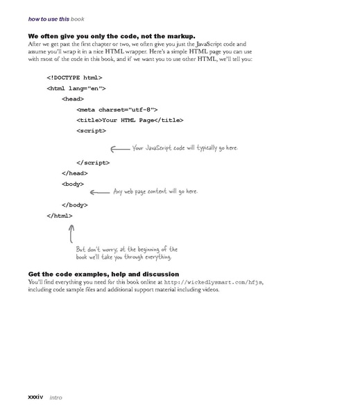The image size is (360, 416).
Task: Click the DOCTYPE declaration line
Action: tap(74, 77)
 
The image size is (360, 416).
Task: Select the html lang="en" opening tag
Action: tap(76, 88)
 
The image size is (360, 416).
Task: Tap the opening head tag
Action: tap(72, 98)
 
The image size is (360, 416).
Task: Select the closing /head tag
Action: tap(74, 173)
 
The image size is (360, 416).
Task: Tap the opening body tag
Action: tap(72, 184)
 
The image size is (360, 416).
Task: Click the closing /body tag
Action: tap(74, 205)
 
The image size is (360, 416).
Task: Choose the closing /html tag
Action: tap(59, 216)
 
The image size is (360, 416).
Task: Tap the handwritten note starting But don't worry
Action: tap(126, 252)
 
